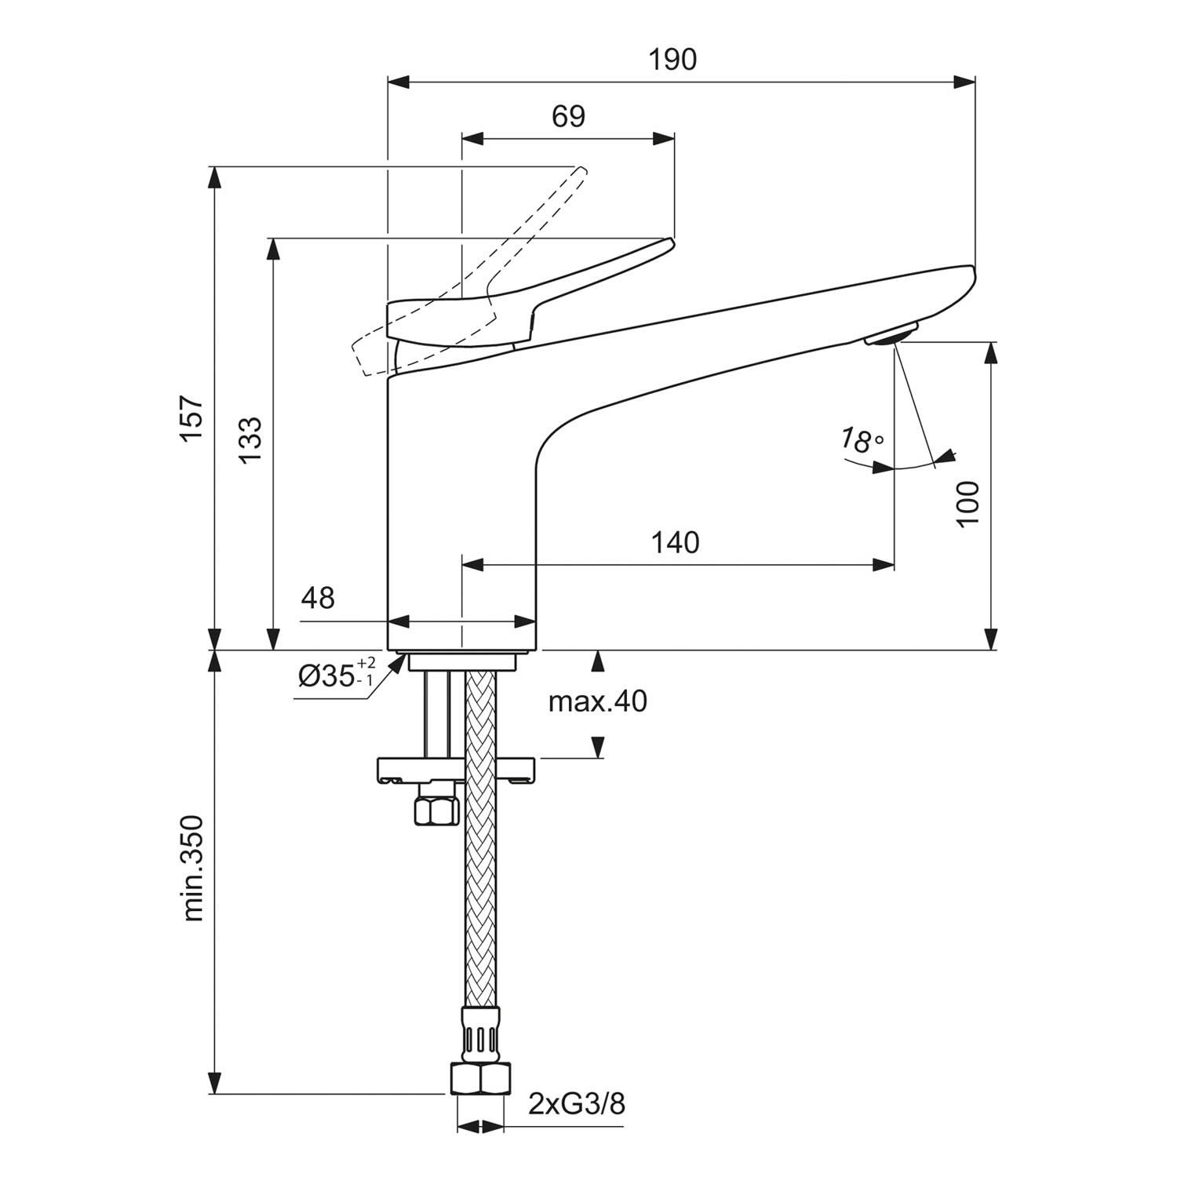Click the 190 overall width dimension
pyautogui.click(x=673, y=60)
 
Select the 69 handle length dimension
pyautogui.click(x=568, y=116)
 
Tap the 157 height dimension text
pyautogui.click(x=193, y=420)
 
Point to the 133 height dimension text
pyautogui.click(x=250, y=439)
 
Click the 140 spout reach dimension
pyautogui.click(x=675, y=542)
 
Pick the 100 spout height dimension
pyautogui.click(x=968, y=504)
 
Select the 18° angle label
pyautogui.click(x=862, y=440)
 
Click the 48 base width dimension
pyautogui.click(x=318, y=598)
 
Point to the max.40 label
pyautogui.click(x=598, y=701)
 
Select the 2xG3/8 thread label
pyautogui.click(x=577, y=1104)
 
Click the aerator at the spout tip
pyautogui.click(x=891, y=333)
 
